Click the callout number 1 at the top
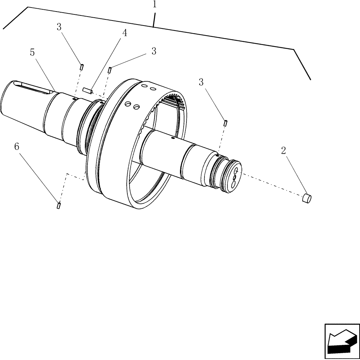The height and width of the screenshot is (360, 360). tap(154, 5)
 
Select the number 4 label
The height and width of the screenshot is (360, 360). tap(125, 33)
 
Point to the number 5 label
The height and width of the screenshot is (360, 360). tap(32, 53)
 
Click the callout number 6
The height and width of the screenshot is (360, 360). tap(17, 147)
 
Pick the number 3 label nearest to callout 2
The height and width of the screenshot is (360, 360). tap(201, 82)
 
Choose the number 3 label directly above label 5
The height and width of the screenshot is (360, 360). tap(59, 27)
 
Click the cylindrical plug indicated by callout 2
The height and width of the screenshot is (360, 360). tap(306, 198)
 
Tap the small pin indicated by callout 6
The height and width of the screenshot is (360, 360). tap(58, 206)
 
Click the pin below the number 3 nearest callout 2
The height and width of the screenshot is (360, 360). tap(225, 123)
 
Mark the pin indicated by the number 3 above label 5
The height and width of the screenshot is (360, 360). tap(82, 67)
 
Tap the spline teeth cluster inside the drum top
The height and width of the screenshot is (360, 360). tap(174, 100)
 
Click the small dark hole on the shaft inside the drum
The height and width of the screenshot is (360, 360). tap(173, 138)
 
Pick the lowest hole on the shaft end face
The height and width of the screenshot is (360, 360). tap(233, 184)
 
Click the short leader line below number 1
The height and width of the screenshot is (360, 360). tap(154, 20)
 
